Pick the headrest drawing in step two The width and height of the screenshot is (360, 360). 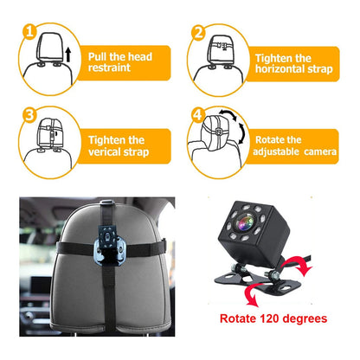click(216, 52)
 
